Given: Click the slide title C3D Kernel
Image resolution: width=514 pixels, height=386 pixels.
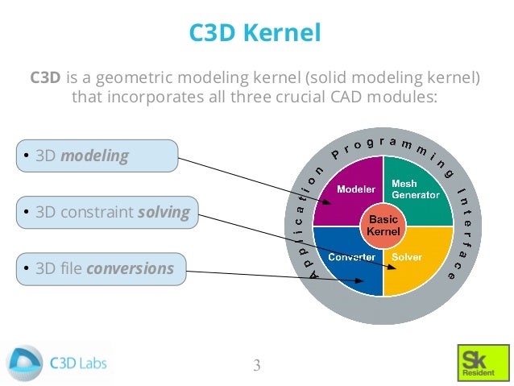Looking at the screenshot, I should click(x=255, y=33).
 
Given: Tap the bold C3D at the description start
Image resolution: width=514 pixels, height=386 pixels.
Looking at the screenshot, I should click(x=45, y=78).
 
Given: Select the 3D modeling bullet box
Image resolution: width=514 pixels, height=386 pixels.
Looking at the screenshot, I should click(x=96, y=156).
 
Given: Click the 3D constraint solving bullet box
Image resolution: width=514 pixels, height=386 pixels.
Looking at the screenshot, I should click(x=106, y=213).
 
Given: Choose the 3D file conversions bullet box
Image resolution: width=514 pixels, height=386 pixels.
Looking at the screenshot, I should click(x=100, y=268).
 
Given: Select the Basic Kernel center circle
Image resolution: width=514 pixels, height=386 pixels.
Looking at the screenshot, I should click(x=383, y=226).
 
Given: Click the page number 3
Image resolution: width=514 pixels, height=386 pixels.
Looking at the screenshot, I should click(x=257, y=365).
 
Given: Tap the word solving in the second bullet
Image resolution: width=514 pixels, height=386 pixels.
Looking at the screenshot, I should click(x=164, y=213).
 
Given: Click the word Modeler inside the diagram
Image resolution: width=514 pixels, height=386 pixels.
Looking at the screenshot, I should click(x=356, y=190).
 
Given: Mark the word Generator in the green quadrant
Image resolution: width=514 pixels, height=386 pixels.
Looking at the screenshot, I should click(x=416, y=195).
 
